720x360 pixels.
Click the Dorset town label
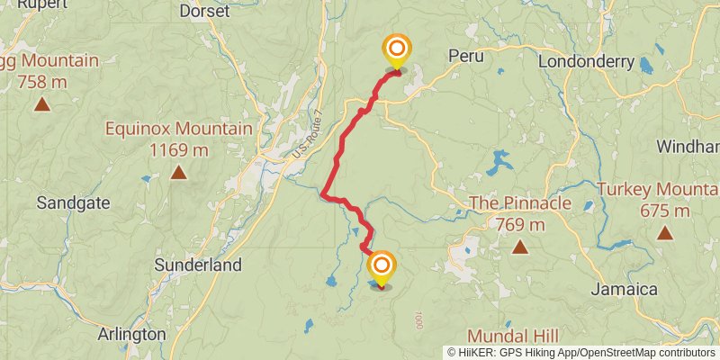coord(205,12)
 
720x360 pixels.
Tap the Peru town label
coord(465,56)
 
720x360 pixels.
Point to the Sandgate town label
coord(73,203)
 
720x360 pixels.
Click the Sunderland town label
coord(198,265)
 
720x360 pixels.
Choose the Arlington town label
coord(132,334)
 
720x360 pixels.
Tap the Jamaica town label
coord(624,289)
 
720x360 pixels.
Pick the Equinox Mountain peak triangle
coord(178,171)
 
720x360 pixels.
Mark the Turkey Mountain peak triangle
coord(665,233)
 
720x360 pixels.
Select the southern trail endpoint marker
coord(382,266)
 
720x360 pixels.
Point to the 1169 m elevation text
coord(178,148)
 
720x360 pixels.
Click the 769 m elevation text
coord(520,224)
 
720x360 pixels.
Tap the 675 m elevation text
coord(664,211)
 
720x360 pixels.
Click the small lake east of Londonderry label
coord(645,64)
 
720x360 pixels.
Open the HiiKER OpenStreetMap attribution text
coord(581,352)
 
